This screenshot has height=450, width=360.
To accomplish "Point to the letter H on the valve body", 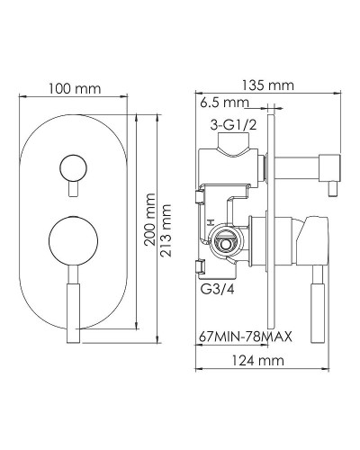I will (209, 221).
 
